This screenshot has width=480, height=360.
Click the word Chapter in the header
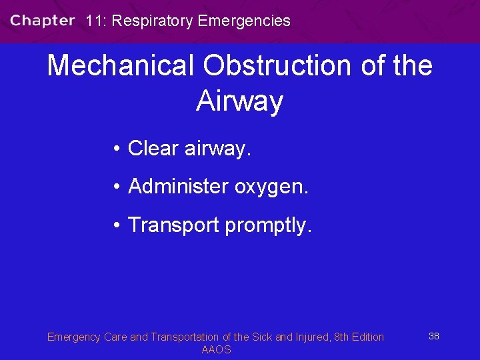point(43,20)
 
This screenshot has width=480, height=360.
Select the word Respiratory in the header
point(153,21)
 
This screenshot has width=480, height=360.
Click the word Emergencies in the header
point(245,21)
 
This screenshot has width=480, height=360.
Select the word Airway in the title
point(240,101)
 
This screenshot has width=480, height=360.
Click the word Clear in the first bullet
point(150,148)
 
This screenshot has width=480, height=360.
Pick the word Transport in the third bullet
point(173,225)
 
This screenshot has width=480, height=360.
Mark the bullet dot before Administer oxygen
point(116,187)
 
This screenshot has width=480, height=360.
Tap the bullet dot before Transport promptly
point(116,225)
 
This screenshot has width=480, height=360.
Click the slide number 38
point(433,336)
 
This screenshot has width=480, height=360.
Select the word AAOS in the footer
point(216,350)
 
